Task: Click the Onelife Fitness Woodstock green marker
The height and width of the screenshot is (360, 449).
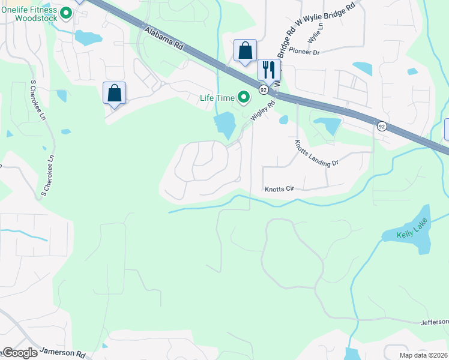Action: tap(66, 12)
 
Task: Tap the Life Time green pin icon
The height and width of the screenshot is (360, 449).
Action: tap(244, 96)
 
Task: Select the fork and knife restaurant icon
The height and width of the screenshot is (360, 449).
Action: tap(268, 70)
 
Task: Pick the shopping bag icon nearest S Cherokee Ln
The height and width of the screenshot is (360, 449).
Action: tap(114, 93)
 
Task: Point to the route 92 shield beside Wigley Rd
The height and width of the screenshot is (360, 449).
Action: tap(263, 89)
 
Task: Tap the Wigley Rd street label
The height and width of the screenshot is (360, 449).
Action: tap(262, 112)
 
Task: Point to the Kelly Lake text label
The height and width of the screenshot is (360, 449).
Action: tap(412, 233)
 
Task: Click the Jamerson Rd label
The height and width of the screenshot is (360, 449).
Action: tap(62, 353)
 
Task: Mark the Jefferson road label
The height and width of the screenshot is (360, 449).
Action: tap(435, 322)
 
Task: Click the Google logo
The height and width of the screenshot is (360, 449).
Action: tap(20, 353)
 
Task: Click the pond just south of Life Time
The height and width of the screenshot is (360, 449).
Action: tap(224, 125)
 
